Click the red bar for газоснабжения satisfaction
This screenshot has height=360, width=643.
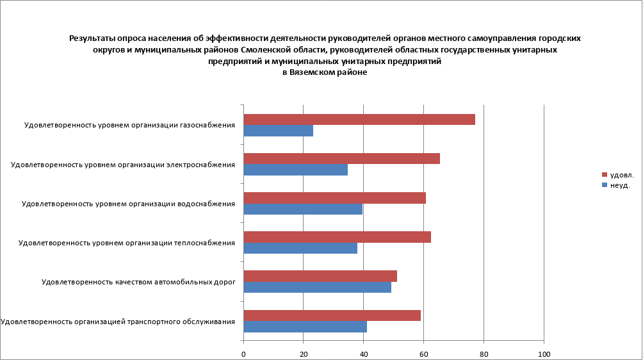359,120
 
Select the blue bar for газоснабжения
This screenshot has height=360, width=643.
279,131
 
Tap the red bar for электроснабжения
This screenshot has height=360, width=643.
342,159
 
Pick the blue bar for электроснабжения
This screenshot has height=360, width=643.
296,170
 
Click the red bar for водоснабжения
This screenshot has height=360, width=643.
335,198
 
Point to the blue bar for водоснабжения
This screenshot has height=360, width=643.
303,209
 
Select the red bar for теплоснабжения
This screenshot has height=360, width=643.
338,237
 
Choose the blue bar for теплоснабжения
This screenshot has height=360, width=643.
300,248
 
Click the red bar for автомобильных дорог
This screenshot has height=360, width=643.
320,276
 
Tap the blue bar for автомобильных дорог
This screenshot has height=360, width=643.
318,287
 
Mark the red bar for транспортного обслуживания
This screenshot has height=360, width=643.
332,315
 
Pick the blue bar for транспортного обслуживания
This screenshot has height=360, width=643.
305,327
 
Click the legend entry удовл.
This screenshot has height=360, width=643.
621,174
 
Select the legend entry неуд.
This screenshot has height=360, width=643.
620,185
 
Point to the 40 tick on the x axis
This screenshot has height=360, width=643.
364,354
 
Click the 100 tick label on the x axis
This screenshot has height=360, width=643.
544,354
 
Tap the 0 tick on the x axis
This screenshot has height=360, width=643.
244,354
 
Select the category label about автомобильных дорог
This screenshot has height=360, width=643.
138,282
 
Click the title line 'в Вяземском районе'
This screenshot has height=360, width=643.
325,73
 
